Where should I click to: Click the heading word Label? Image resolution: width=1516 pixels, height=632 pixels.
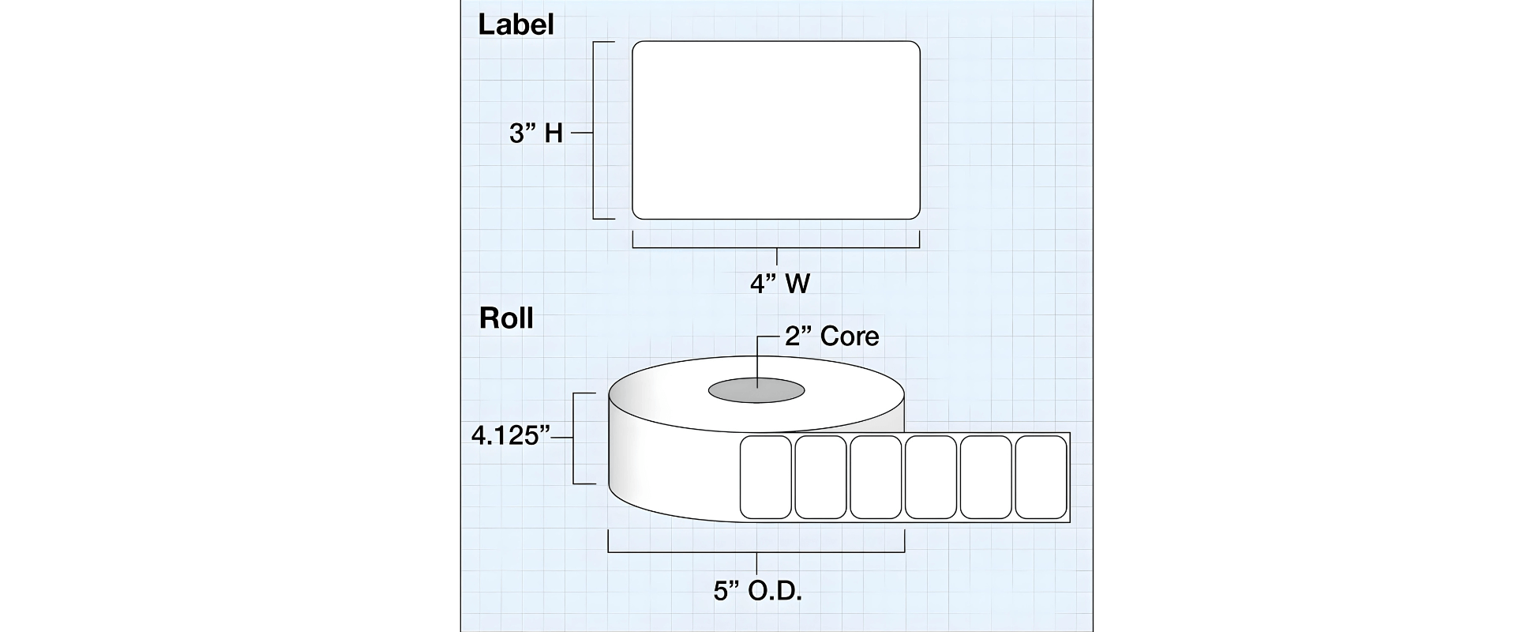(x=516, y=24)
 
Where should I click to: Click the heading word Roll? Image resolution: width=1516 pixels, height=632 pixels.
(x=506, y=318)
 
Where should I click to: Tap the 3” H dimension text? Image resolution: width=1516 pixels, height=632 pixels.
(x=536, y=134)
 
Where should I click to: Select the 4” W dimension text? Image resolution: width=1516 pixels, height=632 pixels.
(x=780, y=283)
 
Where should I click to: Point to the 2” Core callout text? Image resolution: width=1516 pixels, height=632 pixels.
(x=831, y=337)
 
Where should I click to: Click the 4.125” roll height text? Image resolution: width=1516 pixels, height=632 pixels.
(x=510, y=435)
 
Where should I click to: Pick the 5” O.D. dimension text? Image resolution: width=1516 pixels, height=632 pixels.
(x=758, y=591)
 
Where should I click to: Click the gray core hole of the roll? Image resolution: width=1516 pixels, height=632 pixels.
(x=756, y=389)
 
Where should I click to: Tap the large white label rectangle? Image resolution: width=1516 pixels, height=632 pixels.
(x=776, y=130)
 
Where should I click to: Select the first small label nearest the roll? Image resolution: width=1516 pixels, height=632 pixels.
(x=765, y=477)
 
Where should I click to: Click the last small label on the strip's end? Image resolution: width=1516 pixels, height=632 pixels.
(x=1041, y=477)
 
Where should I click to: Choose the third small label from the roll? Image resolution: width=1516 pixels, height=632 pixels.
(x=876, y=477)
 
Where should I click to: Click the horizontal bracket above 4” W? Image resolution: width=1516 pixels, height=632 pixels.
(x=776, y=248)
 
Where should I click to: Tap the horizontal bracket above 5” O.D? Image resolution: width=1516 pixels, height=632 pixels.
(x=756, y=551)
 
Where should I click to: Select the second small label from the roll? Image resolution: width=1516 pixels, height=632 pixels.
(x=820, y=477)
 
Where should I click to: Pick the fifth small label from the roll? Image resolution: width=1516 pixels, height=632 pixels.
(x=985, y=477)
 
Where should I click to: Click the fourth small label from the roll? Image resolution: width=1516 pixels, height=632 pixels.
(x=930, y=477)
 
